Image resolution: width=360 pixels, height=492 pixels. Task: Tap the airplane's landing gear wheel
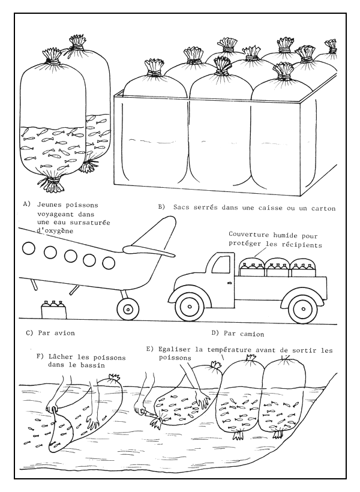(127, 308)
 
